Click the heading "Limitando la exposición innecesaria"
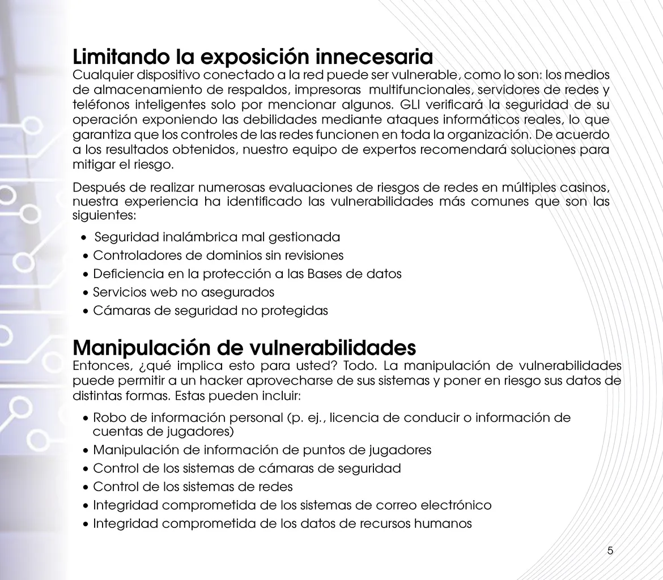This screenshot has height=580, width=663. [253, 57]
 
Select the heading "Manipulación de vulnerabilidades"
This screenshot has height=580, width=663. [244, 347]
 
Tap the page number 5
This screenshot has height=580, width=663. [610, 551]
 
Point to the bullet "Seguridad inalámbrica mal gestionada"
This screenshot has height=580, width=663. [217, 237]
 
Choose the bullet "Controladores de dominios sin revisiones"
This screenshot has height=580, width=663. [218, 255]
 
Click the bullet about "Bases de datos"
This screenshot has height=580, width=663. [247, 274]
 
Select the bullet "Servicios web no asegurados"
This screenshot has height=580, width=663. [183, 292]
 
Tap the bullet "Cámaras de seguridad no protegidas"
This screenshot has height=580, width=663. [210, 311]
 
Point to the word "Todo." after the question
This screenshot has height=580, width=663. [356, 365]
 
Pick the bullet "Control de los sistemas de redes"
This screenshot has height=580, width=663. [193, 487]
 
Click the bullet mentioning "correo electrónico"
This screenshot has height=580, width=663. [292, 505]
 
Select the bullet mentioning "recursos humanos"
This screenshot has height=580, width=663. [282, 523]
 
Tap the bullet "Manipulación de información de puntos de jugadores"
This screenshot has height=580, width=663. [262, 450]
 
